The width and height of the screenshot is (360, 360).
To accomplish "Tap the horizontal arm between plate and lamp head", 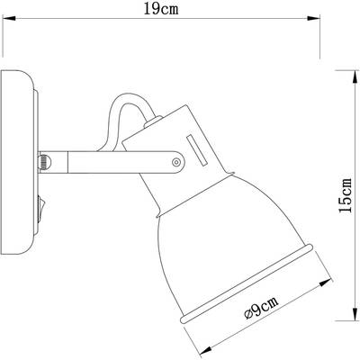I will point(90,161).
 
